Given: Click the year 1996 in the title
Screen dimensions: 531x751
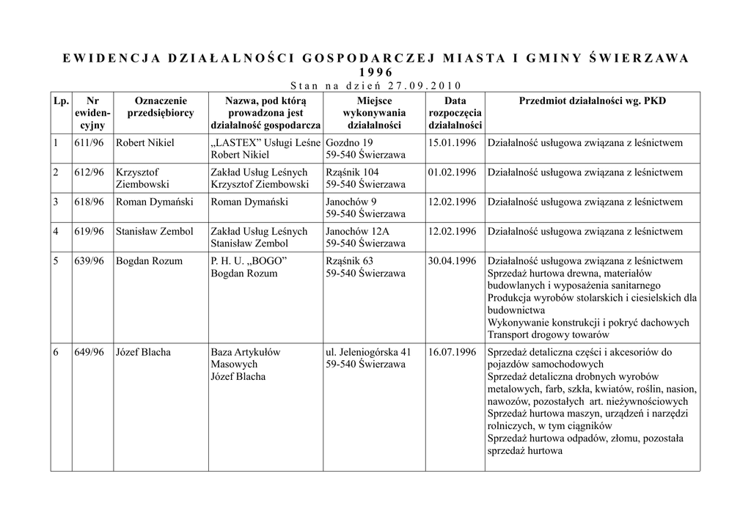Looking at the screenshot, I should (x=375, y=72).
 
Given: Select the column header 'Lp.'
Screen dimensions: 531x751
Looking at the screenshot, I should (x=61, y=100).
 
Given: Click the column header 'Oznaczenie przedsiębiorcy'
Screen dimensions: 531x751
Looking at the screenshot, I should (x=161, y=107).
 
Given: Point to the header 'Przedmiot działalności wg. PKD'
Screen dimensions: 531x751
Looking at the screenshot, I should (x=592, y=100).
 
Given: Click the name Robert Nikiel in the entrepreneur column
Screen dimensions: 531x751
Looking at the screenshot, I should (x=145, y=142).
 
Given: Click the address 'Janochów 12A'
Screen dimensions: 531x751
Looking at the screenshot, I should (x=357, y=231).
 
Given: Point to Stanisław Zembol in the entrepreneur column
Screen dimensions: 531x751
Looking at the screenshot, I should (x=155, y=231).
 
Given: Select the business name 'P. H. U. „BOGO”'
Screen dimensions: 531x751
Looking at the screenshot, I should (x=249, y=261).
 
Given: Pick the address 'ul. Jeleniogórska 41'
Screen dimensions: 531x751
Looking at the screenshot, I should (x=368, y=352).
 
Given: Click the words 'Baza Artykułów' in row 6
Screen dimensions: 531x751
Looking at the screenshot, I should (x=245, y=352).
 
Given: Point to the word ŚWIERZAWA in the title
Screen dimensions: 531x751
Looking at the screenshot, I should (x=639, y=59).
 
